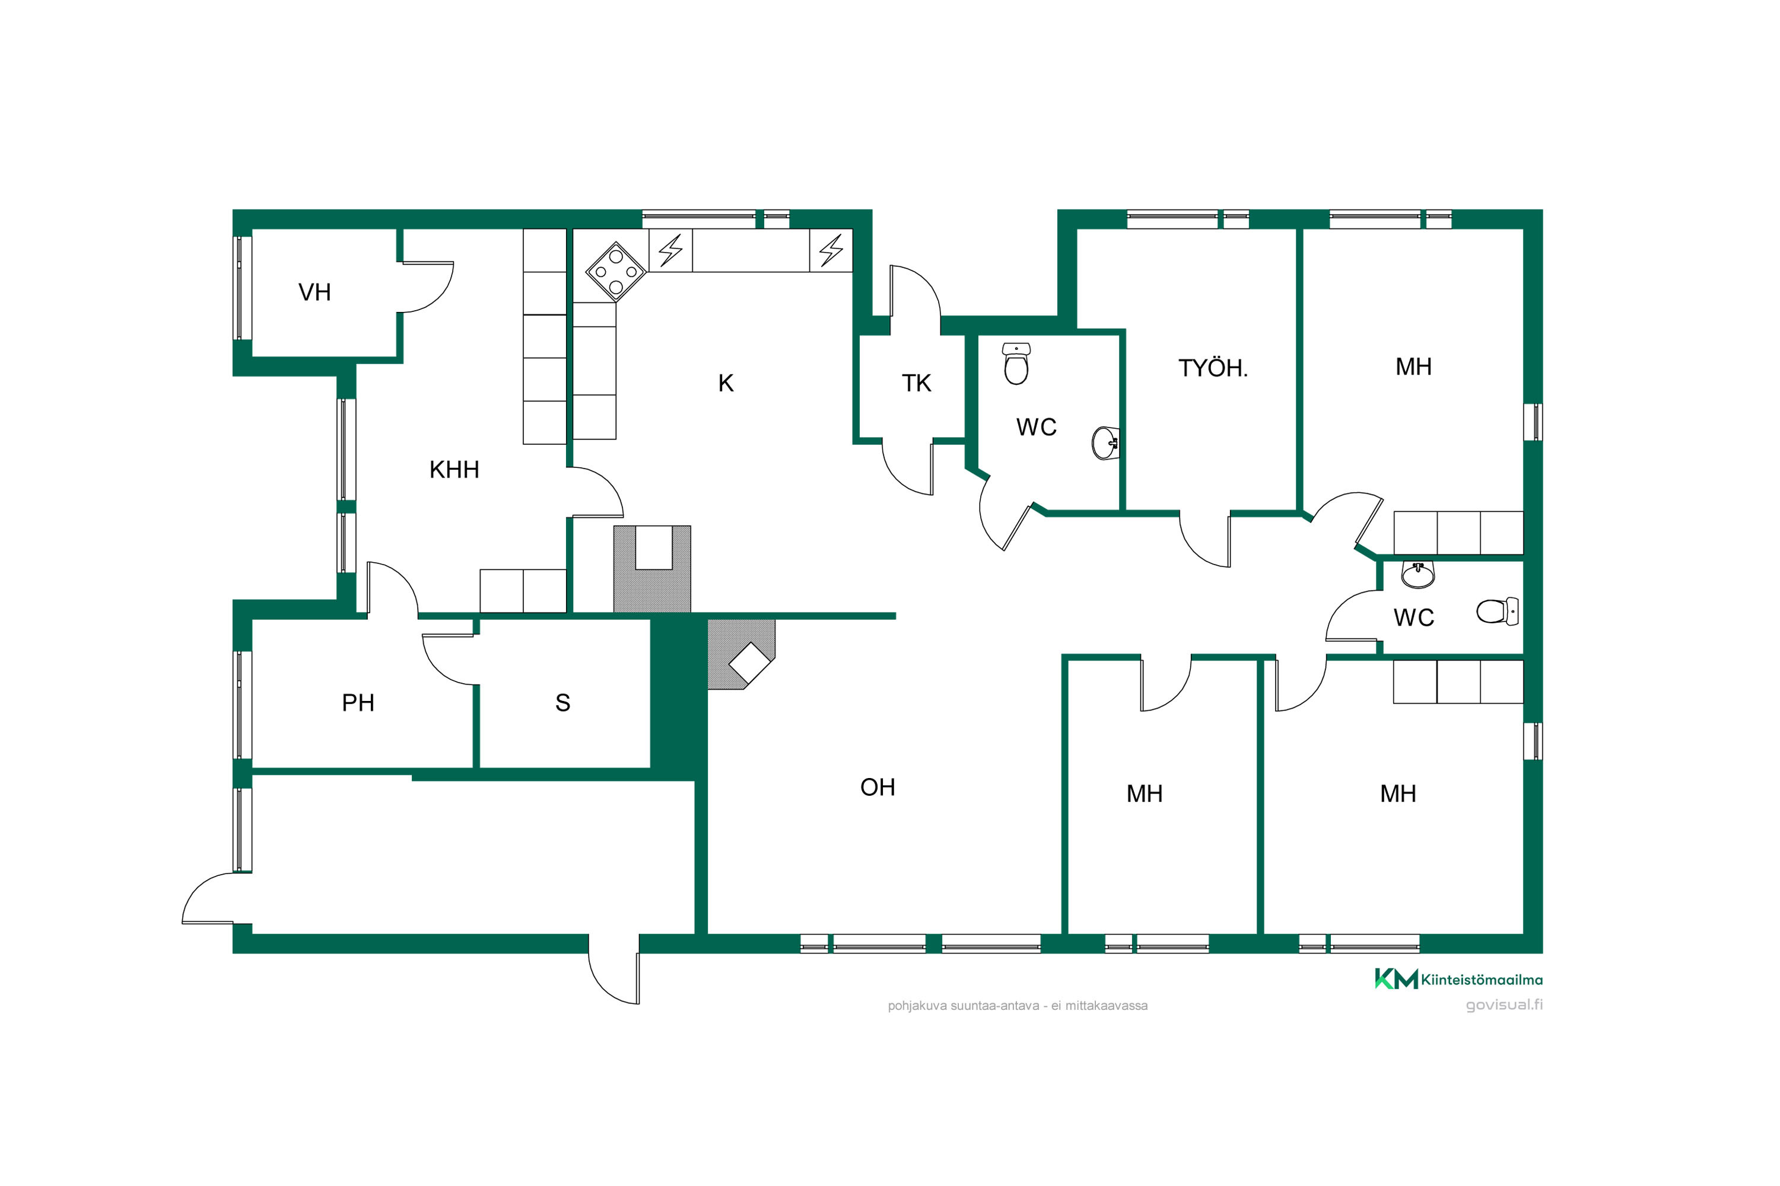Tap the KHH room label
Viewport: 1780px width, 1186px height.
click(454, 470)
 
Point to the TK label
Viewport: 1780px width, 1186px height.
click(917, 384)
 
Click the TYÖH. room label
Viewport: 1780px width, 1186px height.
click(1212, 368)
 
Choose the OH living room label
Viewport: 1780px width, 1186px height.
click(878, 788)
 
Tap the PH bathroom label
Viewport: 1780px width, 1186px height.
click(358, 703)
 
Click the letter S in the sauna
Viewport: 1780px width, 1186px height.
click(562, 703)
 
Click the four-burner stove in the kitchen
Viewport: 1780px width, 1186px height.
click(616, 272)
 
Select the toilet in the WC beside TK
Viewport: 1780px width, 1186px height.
click(1016, 364)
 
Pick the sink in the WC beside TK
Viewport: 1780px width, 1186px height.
click(1105, 443)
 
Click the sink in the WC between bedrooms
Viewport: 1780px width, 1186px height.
click(1417, 575)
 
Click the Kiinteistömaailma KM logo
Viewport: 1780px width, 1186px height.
click(1396, 979)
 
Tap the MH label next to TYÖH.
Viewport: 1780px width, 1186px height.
click(1414, 367)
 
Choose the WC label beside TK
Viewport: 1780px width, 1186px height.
click(1036, 428)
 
